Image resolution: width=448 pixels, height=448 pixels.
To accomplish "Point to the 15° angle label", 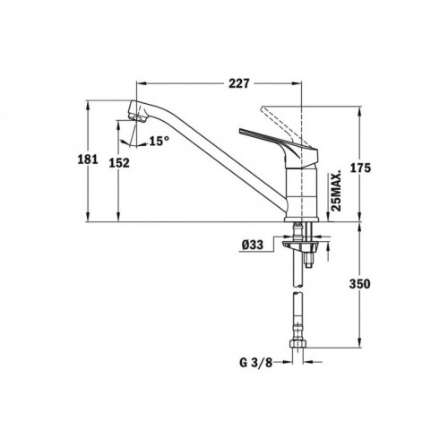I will (x=159, y=141).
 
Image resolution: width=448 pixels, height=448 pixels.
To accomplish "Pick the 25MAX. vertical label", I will (x=335, y=191).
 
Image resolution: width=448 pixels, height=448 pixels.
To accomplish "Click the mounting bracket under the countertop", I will (x=292, y=239).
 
